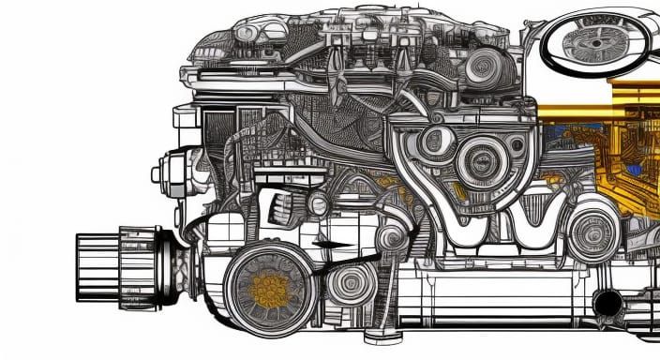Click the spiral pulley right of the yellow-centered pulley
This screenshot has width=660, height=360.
(352, 282)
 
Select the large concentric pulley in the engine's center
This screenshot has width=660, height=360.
(487, 156)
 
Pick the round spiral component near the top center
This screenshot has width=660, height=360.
(487, 65)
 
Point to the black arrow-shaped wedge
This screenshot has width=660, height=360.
(334, 246)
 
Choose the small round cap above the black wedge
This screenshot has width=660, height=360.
(318, 205)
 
